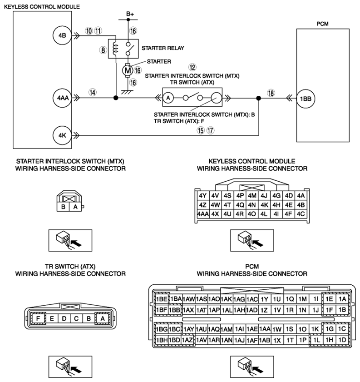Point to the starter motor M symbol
pyautogui.click(x=127, y=71)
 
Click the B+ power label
pyautogui.click(x=130, y=14)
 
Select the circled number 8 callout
pyautogui.click(x=103, y=50)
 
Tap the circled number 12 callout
pyautogui.click(x=192, y=67)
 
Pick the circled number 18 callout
pyautogui.click(x=271, y=93)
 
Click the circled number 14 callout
pyautogui.click(x=93, y=92)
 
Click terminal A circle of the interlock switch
pyautogui.click(x=168, y=98)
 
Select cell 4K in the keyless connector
pyautogui.click(x=264, y=205)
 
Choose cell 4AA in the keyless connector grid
pyautogui.click(x=203, y=214)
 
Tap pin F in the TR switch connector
pyautogui.click(x=38, y=318)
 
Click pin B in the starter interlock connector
pyautogui.click(x=63, y=207)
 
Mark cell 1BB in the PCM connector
pyautogui.click(x=174, y=310)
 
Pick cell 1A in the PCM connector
pyautogui.click(x=342, y=299)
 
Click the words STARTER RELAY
pyautogui.click(x=163, y=48)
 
